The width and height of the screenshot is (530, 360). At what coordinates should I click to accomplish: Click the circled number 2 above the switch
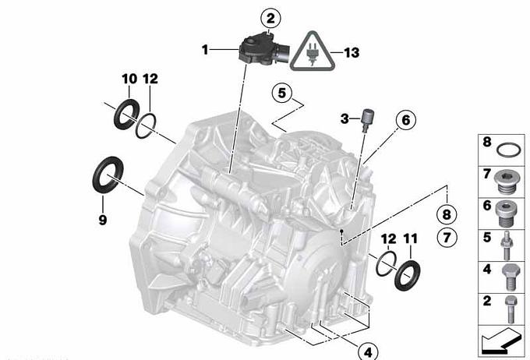pos(270,19)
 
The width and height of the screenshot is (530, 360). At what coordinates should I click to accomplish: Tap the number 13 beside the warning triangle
pos(352,52)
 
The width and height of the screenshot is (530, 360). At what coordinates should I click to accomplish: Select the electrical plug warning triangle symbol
pos(313,51)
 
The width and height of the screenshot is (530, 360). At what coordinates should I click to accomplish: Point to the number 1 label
pos(205,50)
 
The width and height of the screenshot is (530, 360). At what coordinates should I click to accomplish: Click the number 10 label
pos(129,79)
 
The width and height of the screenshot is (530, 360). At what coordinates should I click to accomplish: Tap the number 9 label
pos(103,220)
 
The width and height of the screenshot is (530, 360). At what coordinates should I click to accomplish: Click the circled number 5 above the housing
pos(282,92)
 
